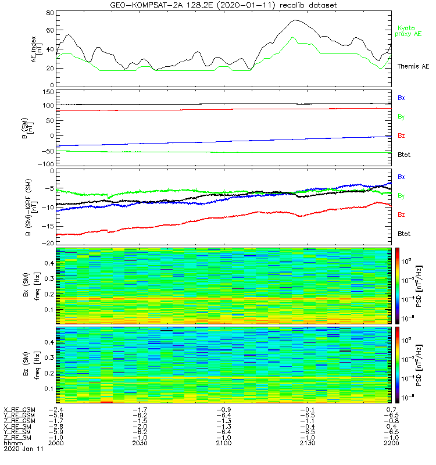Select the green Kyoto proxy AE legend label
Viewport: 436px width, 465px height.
pyautogui.click(x=409, y=31)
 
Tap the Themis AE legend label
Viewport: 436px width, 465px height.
pyautogui.click(x=412, y=67)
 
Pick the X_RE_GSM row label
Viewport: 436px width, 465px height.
pyautogui.click(x=19, y=410)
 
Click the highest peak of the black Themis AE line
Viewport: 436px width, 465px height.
pyautogui.click(x=296, y=20)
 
